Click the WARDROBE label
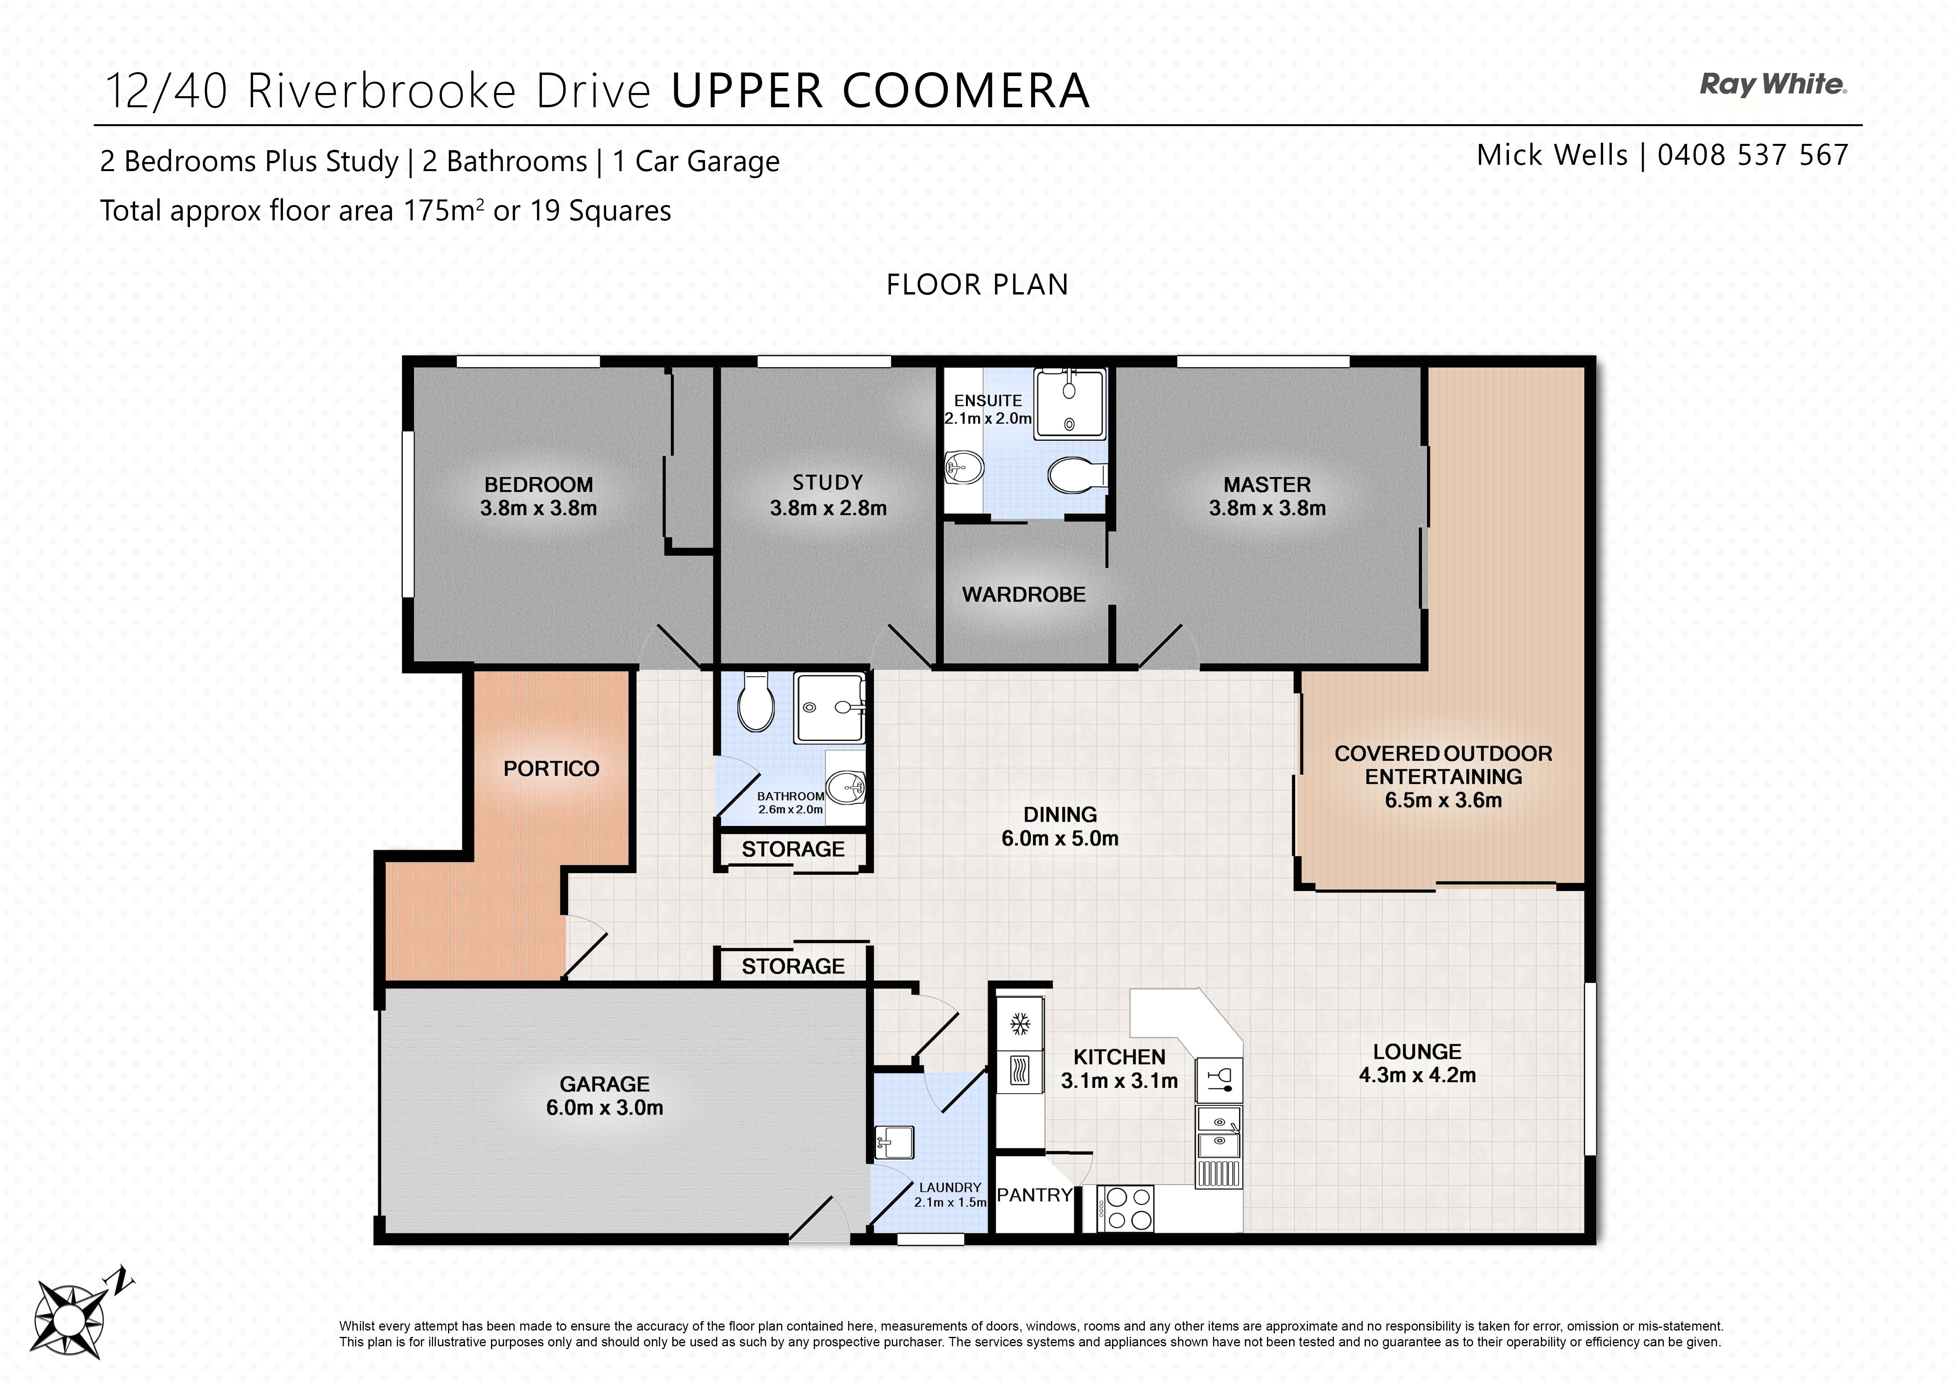1023,595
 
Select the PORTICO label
551,768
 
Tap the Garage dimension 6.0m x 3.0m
605,1107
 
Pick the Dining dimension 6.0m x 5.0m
1060,838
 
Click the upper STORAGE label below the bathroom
793,849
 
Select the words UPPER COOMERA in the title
880,91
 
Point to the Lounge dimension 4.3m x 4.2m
1417,1075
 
